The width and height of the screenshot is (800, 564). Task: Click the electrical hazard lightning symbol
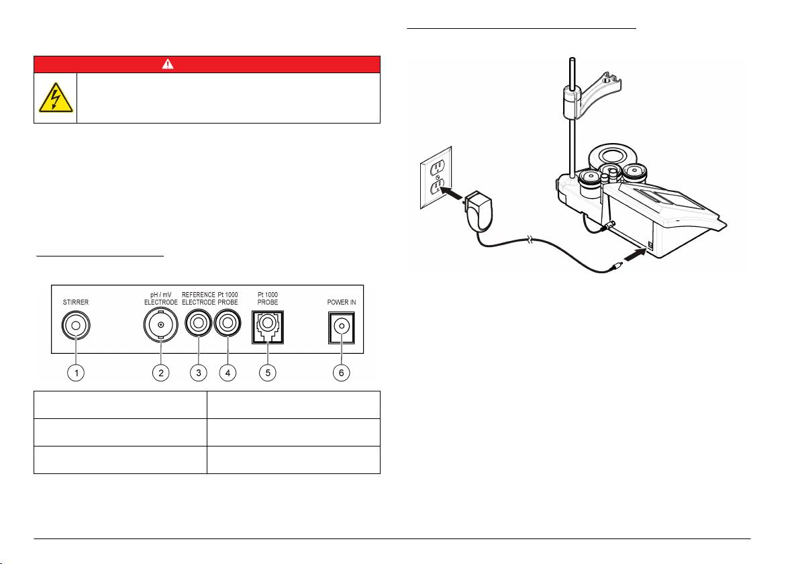pyautogui.click(x=56, y=98)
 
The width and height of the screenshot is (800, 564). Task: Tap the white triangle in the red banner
pyautogui.click(x=207, y=64)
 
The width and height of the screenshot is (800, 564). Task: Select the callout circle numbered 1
pyautogui.click(x=79, y=373)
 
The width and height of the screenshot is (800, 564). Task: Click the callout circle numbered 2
pyautogui.click(x=160, y=373)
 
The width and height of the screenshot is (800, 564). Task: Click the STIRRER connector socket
pyautogui.click(x=76, y=327)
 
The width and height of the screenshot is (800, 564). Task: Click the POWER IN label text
pyautogui.click(x=342, y=303)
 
